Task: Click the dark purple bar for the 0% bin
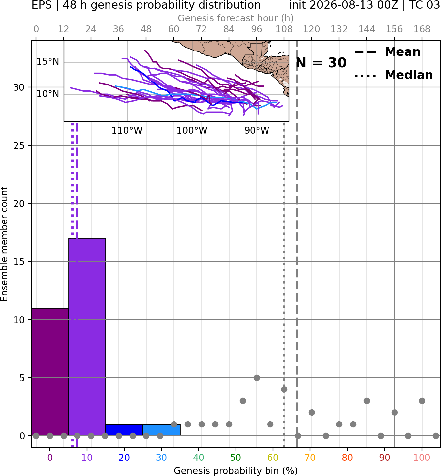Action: (50, 372)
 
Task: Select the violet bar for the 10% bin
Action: (87, 337)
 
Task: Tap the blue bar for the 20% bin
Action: (124, 430)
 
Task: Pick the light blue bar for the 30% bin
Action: (161, 430)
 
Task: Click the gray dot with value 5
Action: (257, 378)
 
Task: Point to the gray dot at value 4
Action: (284, 390)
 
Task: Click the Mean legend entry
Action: (387, 52)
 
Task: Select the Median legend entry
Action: (394, 75)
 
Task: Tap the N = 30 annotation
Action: (321, 63)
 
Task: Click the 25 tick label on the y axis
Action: (19, 146)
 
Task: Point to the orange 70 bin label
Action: (310, 458)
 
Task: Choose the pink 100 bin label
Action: (422, 458)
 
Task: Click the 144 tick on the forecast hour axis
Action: (367, 29)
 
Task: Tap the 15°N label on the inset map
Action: (48, 62)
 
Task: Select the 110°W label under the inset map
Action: (127, 131)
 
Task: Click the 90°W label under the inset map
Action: (257, 131)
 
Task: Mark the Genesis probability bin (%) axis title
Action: (236, 471)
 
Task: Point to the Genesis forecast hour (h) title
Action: (236, 18)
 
